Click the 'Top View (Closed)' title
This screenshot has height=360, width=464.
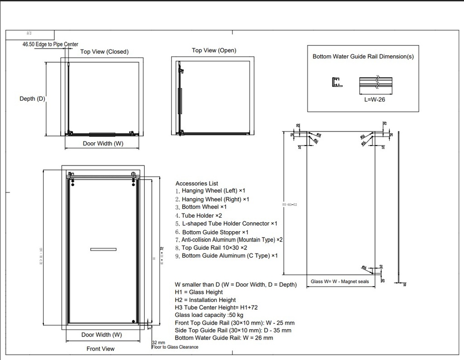(104, 52)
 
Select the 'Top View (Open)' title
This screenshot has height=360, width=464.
(214, 50)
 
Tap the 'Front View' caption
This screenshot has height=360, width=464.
(101, 349)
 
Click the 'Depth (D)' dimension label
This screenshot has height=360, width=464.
(32, 99)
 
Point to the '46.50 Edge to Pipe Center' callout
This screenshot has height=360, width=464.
(50, 44)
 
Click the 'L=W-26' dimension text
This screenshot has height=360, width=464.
(374, 99)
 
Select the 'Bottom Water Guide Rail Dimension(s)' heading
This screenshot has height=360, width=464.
(363, 57)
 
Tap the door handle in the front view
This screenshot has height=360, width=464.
(103, 249)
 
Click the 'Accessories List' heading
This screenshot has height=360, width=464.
(197, 184)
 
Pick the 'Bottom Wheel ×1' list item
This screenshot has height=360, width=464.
(204, 207)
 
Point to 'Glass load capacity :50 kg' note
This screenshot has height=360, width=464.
(209, 315)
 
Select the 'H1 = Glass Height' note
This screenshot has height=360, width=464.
(198, 292)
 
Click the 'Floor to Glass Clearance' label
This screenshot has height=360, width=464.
(175, 347)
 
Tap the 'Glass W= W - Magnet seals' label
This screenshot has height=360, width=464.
(340, 282)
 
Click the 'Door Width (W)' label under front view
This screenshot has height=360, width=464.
(101, 335)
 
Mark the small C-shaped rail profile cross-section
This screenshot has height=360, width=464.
(336, 82)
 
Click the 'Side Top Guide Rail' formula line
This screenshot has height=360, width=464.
(233, 330)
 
